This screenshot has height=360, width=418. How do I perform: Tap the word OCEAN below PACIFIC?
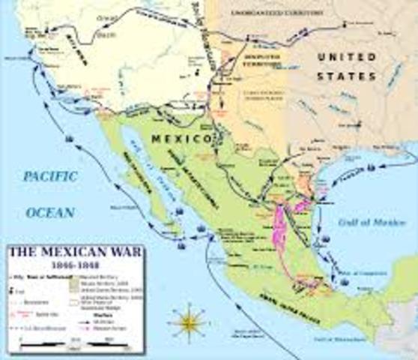[50, 212]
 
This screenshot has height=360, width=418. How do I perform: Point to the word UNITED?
[346, 57]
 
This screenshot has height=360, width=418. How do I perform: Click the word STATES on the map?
[346, 76]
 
